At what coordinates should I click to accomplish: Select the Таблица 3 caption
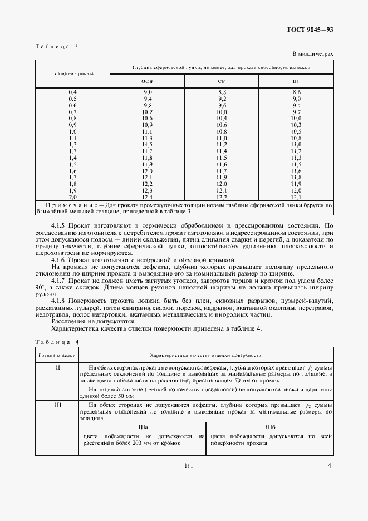(x=57, y=46)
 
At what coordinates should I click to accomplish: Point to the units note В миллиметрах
(x=312, y=54)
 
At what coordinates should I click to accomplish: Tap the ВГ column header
(x=296, y=81)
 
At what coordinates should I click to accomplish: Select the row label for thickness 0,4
(x=72, y=91)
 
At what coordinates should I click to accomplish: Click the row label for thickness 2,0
(x=72, y=197)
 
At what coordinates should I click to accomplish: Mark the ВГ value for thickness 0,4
(x=296, y=91)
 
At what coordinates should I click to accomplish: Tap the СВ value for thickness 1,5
(x=222, y=165)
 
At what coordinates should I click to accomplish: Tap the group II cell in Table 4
(x=58, y=367)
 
